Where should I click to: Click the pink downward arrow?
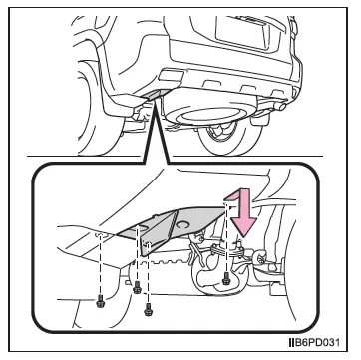[242, 212]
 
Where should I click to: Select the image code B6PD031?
[313, 342]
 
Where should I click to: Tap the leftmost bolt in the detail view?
[100, 302]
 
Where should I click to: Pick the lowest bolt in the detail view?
[148, 310]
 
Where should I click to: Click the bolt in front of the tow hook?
[227, 278]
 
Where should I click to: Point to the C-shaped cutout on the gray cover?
[183, 225]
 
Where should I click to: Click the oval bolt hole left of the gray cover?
[101, 235]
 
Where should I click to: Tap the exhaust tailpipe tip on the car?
[282, 107]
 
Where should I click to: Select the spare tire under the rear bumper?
[208, 113]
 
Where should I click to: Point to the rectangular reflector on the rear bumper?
[171, 75]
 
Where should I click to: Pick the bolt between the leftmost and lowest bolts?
[137, 287]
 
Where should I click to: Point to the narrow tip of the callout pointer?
[154, 103]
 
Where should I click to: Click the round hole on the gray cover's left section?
[143, 227]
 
